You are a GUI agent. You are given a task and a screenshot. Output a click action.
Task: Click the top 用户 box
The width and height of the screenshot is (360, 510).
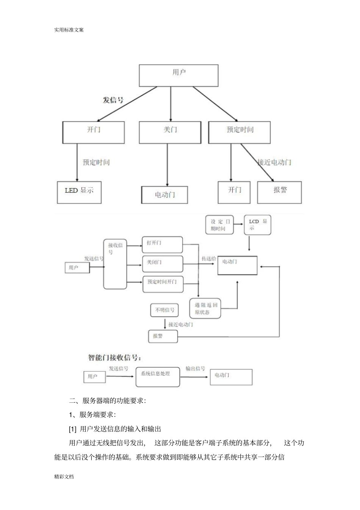178,75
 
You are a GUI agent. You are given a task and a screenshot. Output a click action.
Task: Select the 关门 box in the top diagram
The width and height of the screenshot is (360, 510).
170,132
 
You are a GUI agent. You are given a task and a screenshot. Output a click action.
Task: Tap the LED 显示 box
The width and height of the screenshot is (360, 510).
79,192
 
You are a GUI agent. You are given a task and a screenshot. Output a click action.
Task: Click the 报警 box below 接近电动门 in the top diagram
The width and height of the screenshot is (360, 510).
279,192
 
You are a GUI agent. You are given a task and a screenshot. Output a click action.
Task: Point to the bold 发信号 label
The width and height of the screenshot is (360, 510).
113,100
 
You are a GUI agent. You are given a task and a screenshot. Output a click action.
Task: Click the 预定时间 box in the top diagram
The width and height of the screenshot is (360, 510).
239,132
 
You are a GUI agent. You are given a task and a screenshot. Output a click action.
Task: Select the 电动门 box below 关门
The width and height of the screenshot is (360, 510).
164,195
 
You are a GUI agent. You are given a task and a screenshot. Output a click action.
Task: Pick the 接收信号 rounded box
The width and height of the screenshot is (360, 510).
115,264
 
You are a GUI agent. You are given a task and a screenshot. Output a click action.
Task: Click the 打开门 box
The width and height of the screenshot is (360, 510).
162,245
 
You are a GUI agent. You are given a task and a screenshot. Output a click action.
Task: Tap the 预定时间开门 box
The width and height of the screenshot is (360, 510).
163,284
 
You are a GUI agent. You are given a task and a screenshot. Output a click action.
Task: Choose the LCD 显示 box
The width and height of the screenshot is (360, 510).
258,225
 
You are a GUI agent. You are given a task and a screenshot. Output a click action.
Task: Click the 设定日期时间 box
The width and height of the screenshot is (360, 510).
220,225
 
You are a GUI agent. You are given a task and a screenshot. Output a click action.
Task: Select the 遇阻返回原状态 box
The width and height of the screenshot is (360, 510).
205,308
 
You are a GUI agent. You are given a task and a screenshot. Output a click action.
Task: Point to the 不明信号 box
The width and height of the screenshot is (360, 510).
164,310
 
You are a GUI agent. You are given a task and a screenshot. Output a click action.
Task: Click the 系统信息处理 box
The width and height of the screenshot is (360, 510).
158,377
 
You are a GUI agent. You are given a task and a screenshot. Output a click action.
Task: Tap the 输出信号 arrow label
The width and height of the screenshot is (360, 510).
195,369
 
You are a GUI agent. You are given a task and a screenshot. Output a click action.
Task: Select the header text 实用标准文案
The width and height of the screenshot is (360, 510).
69,30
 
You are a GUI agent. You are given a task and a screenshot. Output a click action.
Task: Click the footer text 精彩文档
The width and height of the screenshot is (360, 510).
64,477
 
